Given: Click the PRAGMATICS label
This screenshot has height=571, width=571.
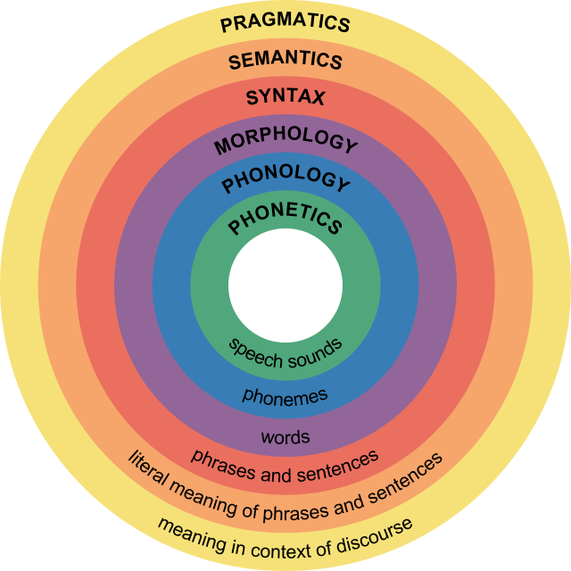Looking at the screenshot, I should [x=285, y=21].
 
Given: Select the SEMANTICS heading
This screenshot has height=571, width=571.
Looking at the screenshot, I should [x=285, y=61].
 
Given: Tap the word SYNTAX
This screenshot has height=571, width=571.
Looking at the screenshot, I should [x=285, y=97].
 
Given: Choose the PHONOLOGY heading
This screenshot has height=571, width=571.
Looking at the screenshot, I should [x=285, y=180].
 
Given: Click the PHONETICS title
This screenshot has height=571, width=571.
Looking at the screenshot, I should [x=285, y=219].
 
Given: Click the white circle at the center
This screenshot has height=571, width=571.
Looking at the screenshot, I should [x=285, y=285].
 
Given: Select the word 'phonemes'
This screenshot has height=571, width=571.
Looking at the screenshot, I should [x=285, y=394].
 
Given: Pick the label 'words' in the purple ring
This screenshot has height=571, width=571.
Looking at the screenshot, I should [x=285, y=437].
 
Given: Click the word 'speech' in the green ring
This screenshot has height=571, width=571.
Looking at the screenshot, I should [x=254, y=349].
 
